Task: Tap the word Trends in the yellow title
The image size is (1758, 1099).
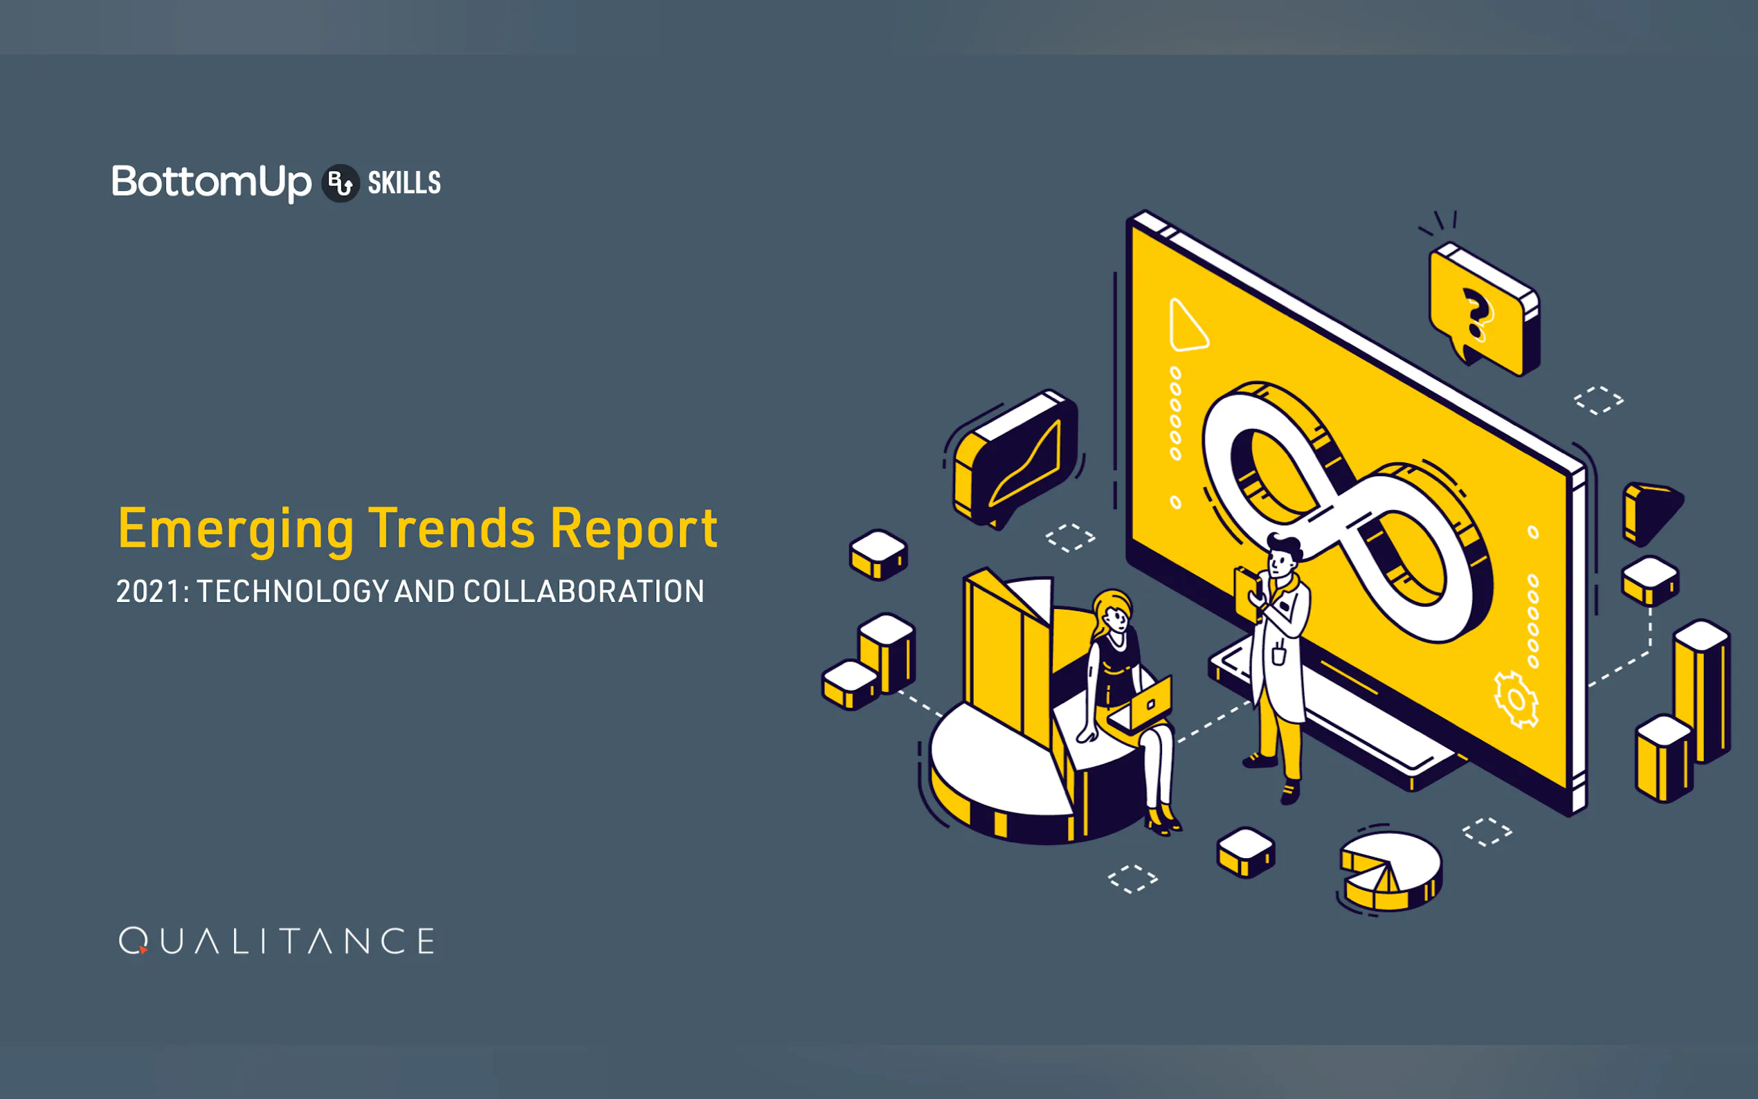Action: pos(452,529)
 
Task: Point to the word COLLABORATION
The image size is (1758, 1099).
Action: pos(583,592)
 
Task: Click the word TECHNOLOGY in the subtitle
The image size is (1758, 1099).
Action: pos(293,592)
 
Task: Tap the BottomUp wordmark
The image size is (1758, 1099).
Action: pos(212,183)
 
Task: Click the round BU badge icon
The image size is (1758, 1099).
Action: pos(340,183)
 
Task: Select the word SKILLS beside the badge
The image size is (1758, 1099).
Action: pos(404,183)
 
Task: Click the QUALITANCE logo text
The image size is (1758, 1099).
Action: pos(277,941)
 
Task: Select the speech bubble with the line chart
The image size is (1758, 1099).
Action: pos(1016,460)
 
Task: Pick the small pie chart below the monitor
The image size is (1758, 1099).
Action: pos(1390,871)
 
